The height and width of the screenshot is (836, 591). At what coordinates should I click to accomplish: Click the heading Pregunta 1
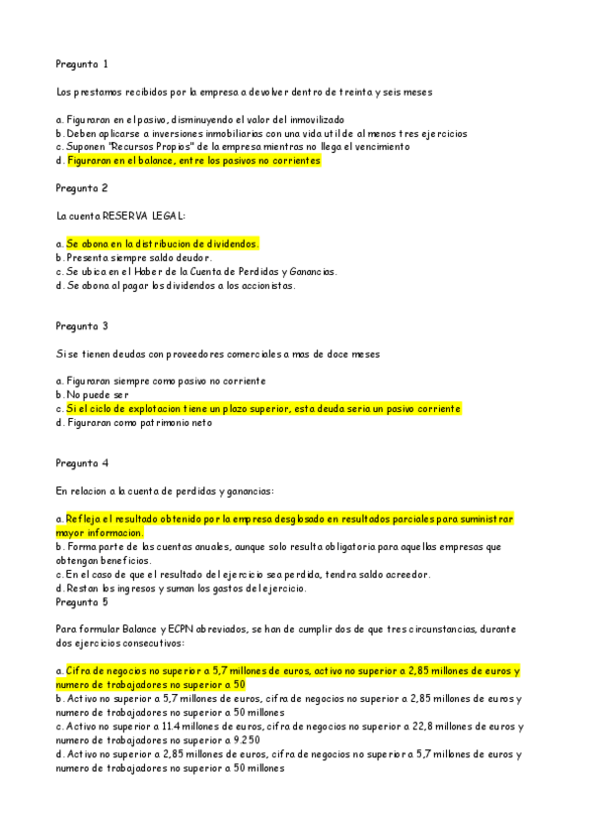[82, 64]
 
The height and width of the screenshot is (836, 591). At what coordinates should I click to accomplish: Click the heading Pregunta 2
[82, 187]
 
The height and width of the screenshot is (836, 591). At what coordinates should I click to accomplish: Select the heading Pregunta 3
[82, 325]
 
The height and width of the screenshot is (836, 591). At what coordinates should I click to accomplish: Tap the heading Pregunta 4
[82, 462]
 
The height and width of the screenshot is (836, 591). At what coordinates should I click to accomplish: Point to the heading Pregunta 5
[82, 602]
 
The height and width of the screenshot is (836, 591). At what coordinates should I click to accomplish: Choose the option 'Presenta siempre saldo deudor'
[133, 257]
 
